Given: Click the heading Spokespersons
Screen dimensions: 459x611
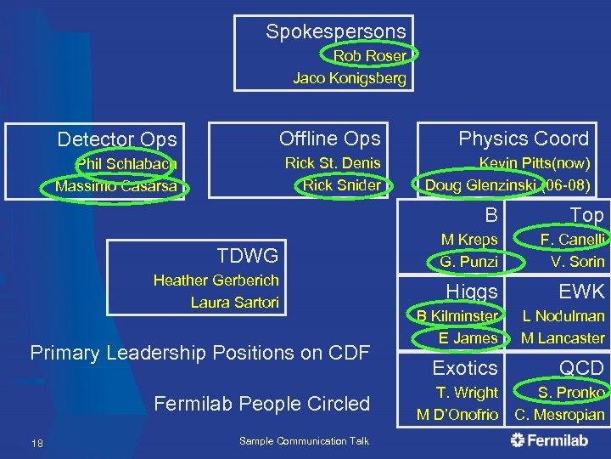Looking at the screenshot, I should click(x=335, y=32).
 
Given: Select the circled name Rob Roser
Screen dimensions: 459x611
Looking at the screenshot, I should click(x=369, y=56).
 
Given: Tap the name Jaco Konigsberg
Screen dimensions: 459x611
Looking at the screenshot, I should click(x=350, y=78).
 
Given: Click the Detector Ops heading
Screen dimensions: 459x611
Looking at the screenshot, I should click(x=117, y=139).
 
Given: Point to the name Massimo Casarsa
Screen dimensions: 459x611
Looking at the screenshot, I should click(x=116, y=185).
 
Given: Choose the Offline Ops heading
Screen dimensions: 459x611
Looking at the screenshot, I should click(x=329, y=139).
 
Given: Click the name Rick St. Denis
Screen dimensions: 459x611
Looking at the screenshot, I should click(x=333, y=163).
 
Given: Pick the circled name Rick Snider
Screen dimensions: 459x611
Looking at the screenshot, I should click(x=341, y=184).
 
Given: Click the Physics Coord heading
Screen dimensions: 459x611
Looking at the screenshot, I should click(x=523, y=139).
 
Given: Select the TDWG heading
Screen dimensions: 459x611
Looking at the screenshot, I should click(x=247, y=255).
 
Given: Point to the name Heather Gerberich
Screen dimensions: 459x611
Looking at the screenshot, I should click(x=216, y=280).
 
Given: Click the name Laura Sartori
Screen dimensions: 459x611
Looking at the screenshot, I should click(x=234, y=303).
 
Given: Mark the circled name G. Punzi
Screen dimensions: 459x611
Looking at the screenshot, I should click(x=468, y=262).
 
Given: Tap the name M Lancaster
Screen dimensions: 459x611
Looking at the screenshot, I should click(x=563, y=337).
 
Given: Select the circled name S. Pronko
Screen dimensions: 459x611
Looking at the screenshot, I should click(x=570, y=393).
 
